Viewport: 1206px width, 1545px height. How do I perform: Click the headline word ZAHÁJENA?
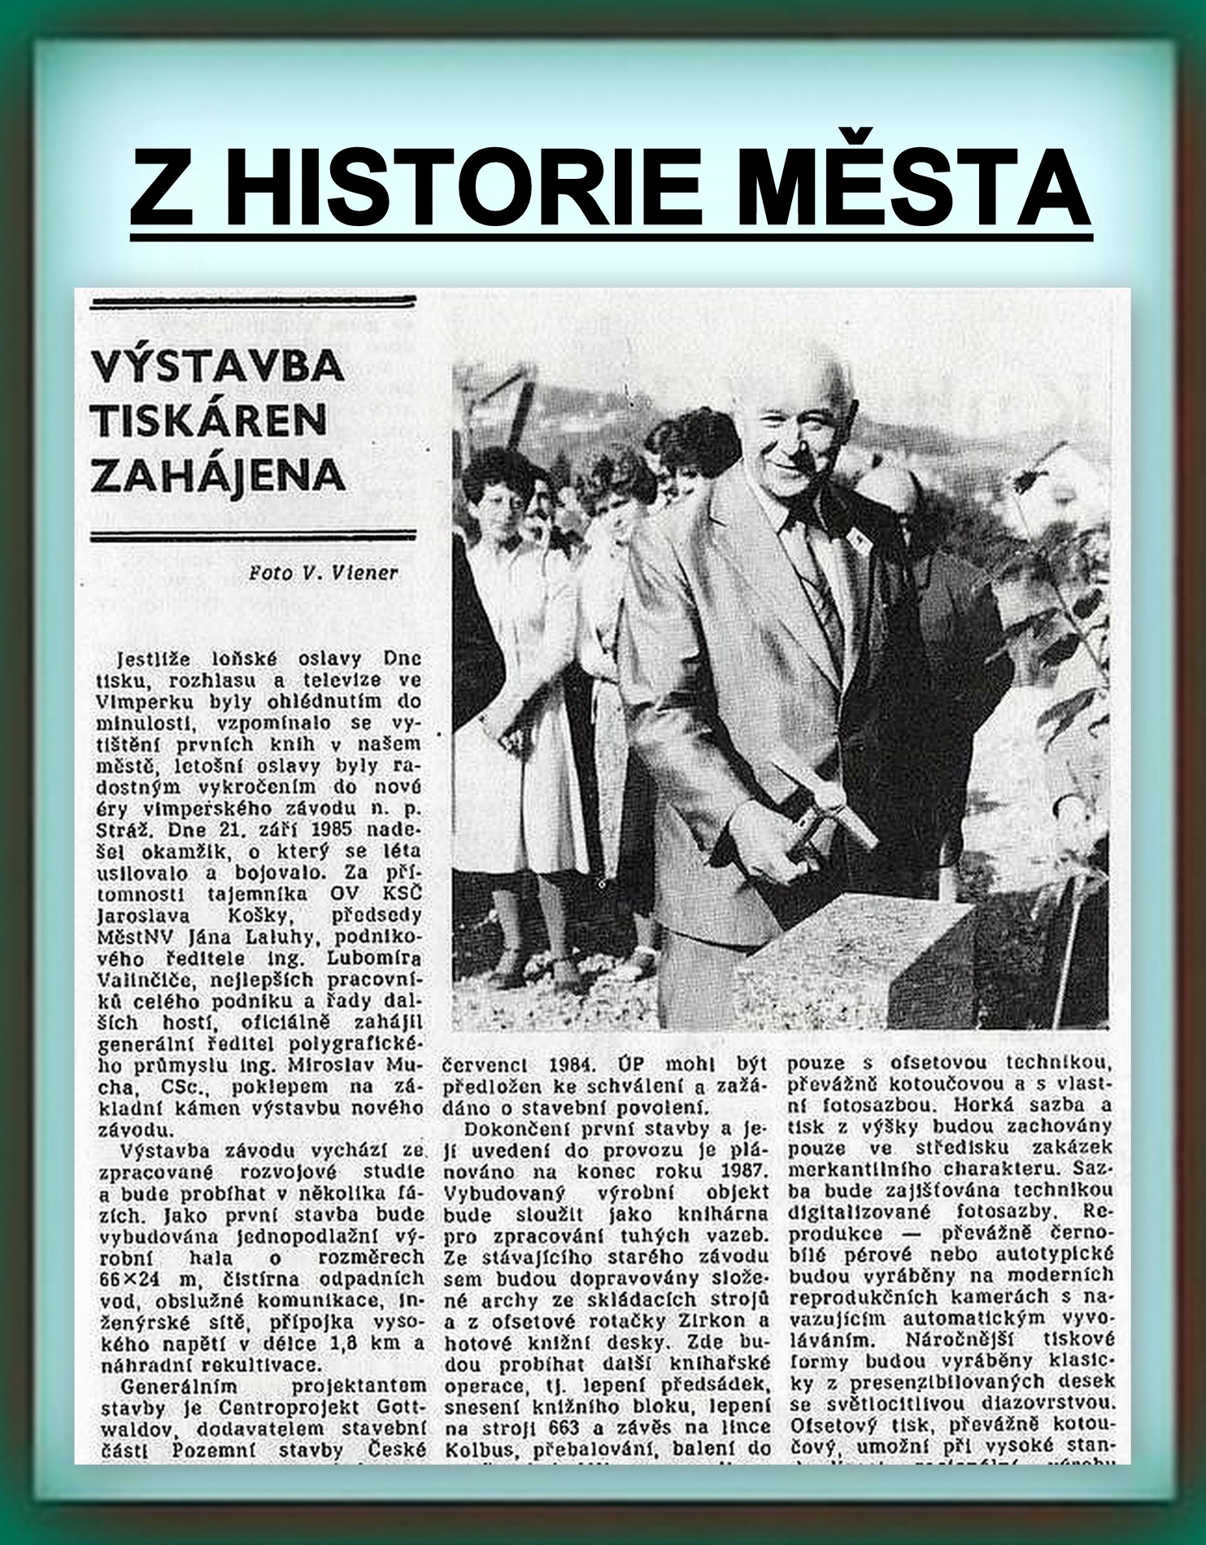[219, 475]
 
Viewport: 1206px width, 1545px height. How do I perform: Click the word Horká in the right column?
[977, 1105]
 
